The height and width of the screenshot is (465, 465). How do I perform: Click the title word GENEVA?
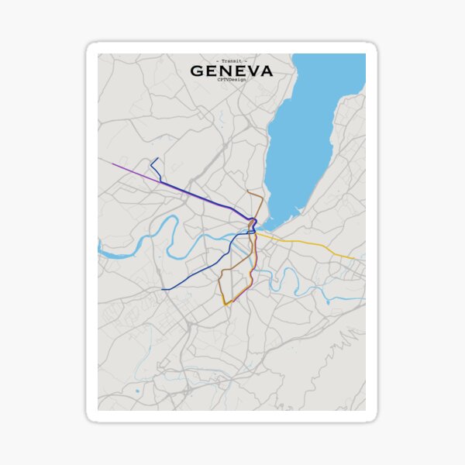coord(232,71)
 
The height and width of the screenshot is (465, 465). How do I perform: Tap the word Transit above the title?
coord(232,60)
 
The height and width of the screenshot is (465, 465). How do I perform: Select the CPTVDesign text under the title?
coord(232,81)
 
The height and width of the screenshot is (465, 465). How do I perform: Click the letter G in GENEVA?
coord(197,71)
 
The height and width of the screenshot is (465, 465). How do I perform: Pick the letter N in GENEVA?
coord(225,71)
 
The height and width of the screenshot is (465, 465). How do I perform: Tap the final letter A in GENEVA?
coord(266,71)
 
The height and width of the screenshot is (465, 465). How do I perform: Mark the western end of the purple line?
coord(112,164)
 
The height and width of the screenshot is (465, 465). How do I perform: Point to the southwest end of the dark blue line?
coord(162,289)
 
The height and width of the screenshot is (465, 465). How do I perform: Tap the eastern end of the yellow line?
coord(354,259)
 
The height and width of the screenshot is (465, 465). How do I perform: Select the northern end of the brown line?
coord(247,191)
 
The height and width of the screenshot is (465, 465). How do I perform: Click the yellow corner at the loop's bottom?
coord(225,305)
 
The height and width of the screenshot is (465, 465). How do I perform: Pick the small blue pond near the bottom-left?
coord(138,391)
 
